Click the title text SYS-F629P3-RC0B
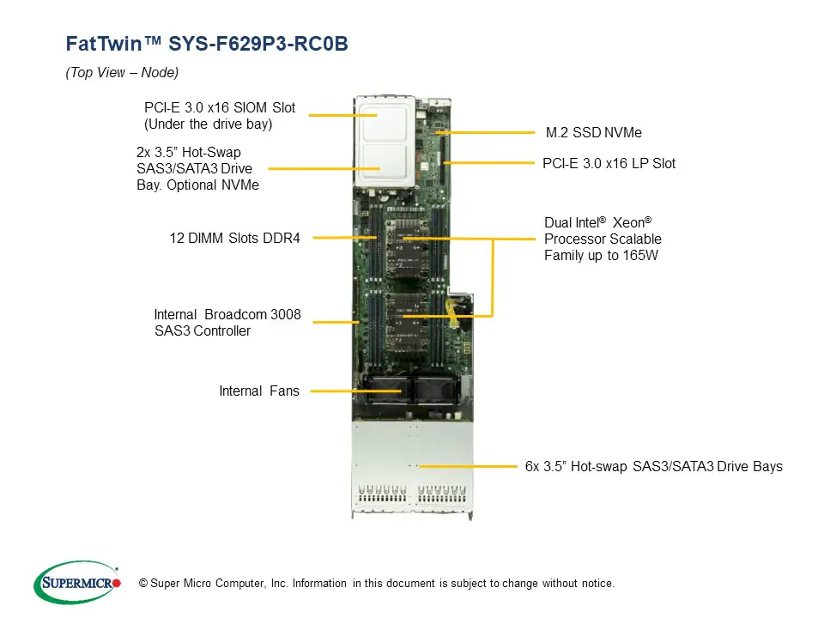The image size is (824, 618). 258,44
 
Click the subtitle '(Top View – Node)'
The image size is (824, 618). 122,73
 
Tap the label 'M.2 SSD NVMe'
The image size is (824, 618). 593,133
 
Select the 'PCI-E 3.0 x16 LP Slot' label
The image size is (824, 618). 609,163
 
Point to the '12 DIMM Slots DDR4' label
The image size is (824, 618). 234,239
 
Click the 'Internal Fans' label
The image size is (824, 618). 259,391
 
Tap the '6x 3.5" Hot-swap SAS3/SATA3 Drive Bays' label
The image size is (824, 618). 653,467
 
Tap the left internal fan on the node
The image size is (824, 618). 383,390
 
